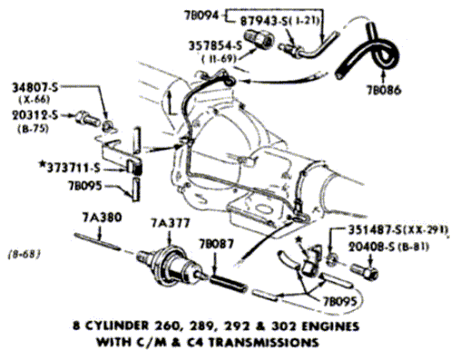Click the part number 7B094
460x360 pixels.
pos(201,15)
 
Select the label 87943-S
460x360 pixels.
pos(262,21)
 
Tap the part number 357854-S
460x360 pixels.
pos(215,45)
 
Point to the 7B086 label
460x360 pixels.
pos(384,90)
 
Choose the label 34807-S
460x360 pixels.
pos(34,87)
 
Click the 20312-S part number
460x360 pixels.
pos(34,115)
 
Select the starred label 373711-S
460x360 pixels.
pos(70,168)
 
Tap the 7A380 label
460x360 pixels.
pos(102,218)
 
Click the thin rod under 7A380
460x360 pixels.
pos(97,241)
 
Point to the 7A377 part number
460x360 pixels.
pos(171,223)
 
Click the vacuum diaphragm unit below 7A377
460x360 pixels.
pos(171,266)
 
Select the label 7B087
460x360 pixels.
pos(216,243)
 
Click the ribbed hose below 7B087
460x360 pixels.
pos(228,284)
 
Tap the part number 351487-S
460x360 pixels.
pos(375,230)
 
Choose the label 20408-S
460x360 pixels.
pos(371,247)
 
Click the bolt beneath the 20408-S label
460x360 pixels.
pos(365,271)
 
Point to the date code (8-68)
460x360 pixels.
pos(24,254)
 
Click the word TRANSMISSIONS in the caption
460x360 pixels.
pos(263,342)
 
